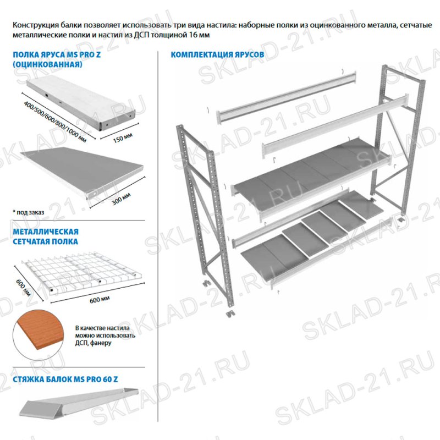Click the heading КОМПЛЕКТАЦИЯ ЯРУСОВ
click(218, 55)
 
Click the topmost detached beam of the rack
click(283, 100)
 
